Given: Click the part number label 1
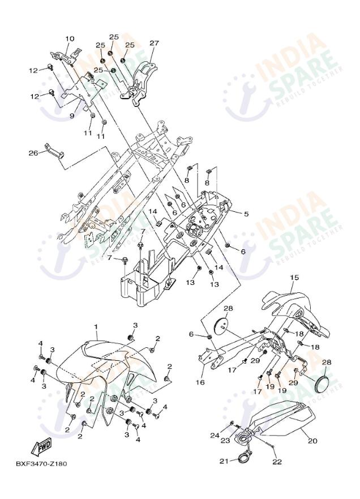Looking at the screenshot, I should point(96,327).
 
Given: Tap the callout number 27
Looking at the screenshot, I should point(155,43).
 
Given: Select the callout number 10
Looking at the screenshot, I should point(70,39).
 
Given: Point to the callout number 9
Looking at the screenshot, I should point(72,116).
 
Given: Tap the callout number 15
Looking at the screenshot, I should point(294,278).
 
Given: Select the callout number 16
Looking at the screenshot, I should point(200,382).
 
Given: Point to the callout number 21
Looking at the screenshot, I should point(224,461).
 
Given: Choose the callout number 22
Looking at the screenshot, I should point(277,462).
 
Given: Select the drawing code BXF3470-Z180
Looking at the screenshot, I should point(41,464).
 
